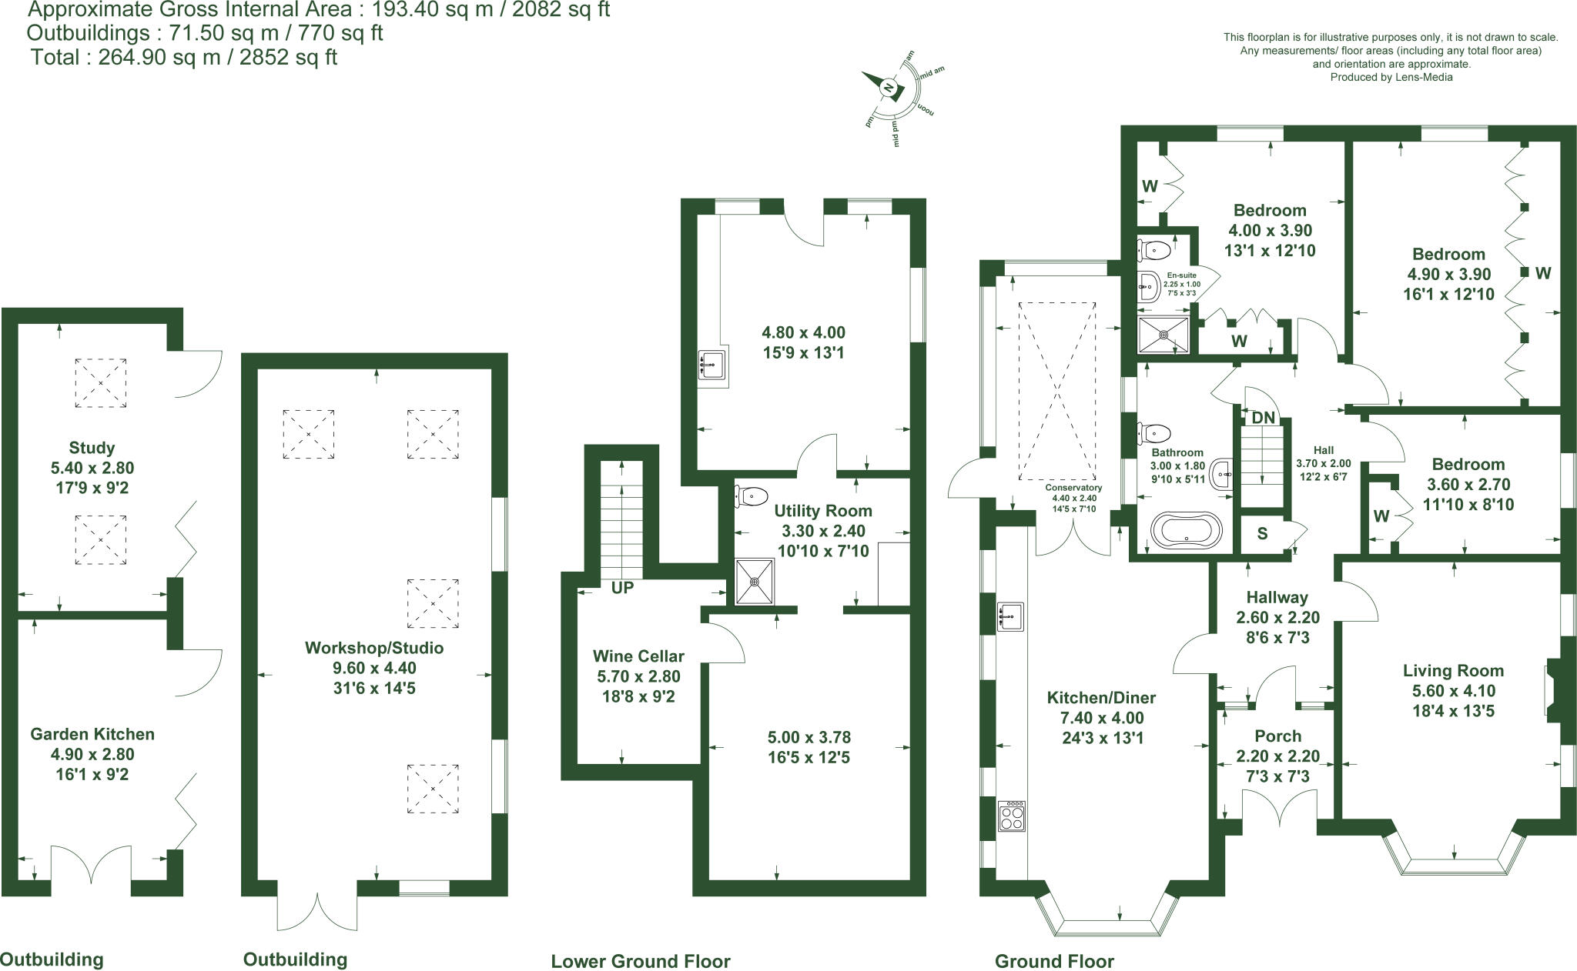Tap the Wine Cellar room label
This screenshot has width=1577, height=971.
tap(638, 656)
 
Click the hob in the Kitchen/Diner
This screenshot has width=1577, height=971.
tap(1012, 816)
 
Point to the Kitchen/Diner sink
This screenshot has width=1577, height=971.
tap(1010, 616)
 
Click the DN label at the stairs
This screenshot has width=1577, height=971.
tap(1263, 418)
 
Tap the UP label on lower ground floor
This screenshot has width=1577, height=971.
tap(622, 588)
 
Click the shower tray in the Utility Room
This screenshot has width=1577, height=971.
tap(755, 582)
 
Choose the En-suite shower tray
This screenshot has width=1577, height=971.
tap(1163, 335)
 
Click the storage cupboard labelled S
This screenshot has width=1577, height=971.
tap(1262, 533)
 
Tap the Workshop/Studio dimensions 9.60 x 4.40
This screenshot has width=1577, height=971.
tap(374, 668)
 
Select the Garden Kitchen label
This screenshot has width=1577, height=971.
tap(92, 734)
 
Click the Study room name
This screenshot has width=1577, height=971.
tap(92, 448)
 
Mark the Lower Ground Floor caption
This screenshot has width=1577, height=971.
tap(640, 961)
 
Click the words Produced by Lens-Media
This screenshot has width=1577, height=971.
tap(1391, 77)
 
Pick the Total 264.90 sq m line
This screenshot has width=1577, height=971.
tap(183, 58)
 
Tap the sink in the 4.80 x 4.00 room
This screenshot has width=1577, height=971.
tap(711, 364)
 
